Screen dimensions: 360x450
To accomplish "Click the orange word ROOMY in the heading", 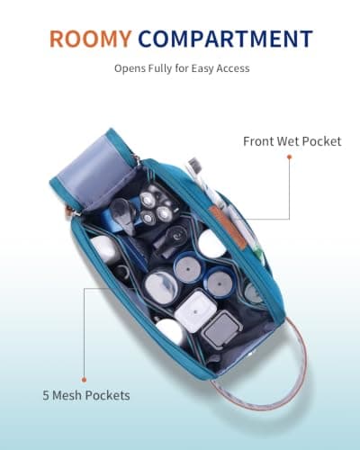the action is tap(91, 39).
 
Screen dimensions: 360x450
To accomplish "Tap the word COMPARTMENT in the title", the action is tap(226, 39).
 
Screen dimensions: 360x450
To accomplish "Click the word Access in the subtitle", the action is tap(233, 68).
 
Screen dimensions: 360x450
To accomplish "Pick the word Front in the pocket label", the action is tap(258, 141).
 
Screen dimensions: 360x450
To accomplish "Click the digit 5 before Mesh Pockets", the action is tap(46, 395).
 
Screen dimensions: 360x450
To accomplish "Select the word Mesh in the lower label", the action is tap(67, 395).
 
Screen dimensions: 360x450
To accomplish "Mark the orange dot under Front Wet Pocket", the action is tap(290, 157).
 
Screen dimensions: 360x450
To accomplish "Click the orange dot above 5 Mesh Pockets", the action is tap(84, 380).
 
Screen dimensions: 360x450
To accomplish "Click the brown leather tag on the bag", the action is tap(228, 228).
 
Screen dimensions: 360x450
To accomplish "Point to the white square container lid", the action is tap(195, 311).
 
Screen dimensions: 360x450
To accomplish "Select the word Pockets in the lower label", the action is tap(107, 395).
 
